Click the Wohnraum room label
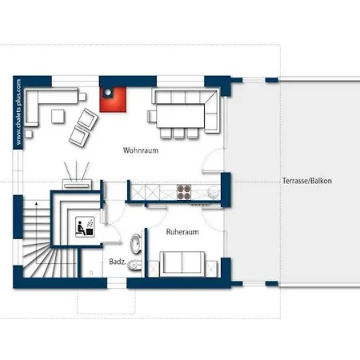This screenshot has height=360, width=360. (x=141, y=150)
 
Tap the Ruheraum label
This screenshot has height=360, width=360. (x=182, y=232)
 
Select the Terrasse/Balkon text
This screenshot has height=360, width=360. (x=307, y=181)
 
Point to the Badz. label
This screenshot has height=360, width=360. (x=118, y=262)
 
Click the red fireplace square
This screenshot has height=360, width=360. (x=113, y=99)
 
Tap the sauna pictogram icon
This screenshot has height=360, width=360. (x=85, y=226)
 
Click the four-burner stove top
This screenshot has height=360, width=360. (x=184, y=192)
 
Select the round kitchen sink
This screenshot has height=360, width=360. (x=214, y=192)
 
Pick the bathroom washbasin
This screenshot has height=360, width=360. (x=136, y=244)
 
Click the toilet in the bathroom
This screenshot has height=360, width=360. (x=134, y=265)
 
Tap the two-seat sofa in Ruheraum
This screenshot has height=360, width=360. (x=182, y=264)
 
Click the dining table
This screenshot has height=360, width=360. (x=181, y=116)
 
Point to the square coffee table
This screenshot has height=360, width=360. (x=58, y=116)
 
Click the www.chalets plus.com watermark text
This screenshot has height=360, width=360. (x=18, y=112)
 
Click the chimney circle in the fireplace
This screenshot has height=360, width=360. (x=108, y=92)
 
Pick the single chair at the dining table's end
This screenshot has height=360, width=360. (x=152, y=116)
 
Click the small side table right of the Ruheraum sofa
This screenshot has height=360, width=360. (x=211, y=268)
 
